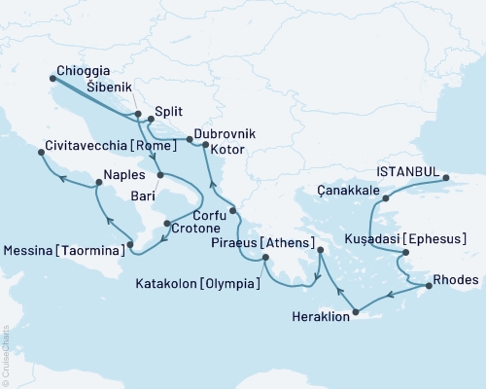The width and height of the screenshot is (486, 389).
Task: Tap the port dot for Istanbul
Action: [x=447, y=178]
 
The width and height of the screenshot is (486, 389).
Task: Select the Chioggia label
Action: [x=83, y=71]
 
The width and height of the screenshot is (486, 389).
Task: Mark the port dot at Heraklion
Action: [x=356, y=312]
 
